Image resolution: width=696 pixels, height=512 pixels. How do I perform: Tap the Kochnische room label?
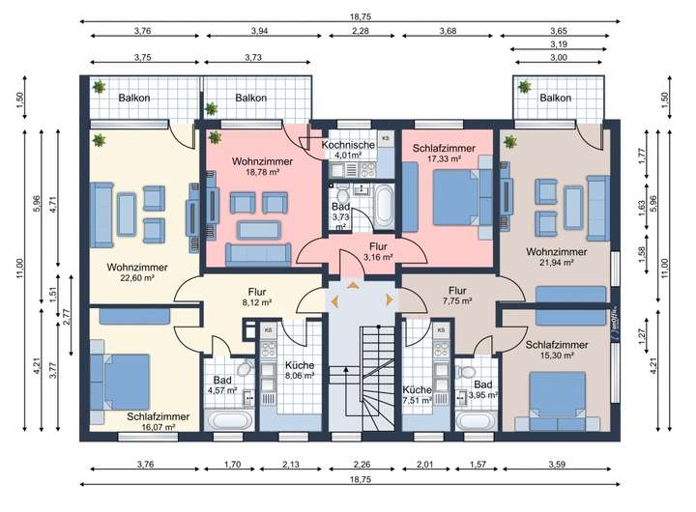pos(348,145)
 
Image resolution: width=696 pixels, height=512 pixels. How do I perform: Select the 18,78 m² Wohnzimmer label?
pos(262,166)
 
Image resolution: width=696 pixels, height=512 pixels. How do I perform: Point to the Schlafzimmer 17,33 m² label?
pos(444,153)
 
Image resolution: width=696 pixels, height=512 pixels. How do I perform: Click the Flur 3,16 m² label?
pos(378,251)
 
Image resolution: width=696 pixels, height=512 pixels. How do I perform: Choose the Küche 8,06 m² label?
pos(300,370)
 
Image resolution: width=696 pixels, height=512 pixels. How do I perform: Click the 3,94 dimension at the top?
pos(260,31)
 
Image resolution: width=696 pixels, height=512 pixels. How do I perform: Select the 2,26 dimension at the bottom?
pos(362,465)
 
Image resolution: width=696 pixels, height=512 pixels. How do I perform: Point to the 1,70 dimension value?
pos(232,465)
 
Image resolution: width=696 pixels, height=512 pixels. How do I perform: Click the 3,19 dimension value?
pos(559,44)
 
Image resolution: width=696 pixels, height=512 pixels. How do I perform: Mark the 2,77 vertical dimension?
pos(67,317)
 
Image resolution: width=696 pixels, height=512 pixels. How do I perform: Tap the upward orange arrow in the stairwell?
pos(353,285)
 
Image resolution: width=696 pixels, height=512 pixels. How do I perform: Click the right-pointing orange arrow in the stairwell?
pos(390,299)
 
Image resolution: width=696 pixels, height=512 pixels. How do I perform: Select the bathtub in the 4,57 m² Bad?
pos(229,420)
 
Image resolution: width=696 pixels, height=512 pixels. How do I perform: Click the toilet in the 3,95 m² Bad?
pos(465,372)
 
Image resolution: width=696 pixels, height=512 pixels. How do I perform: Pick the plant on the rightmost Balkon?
pos(525,87)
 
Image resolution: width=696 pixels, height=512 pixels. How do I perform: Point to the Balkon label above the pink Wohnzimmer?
pos(250,98)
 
